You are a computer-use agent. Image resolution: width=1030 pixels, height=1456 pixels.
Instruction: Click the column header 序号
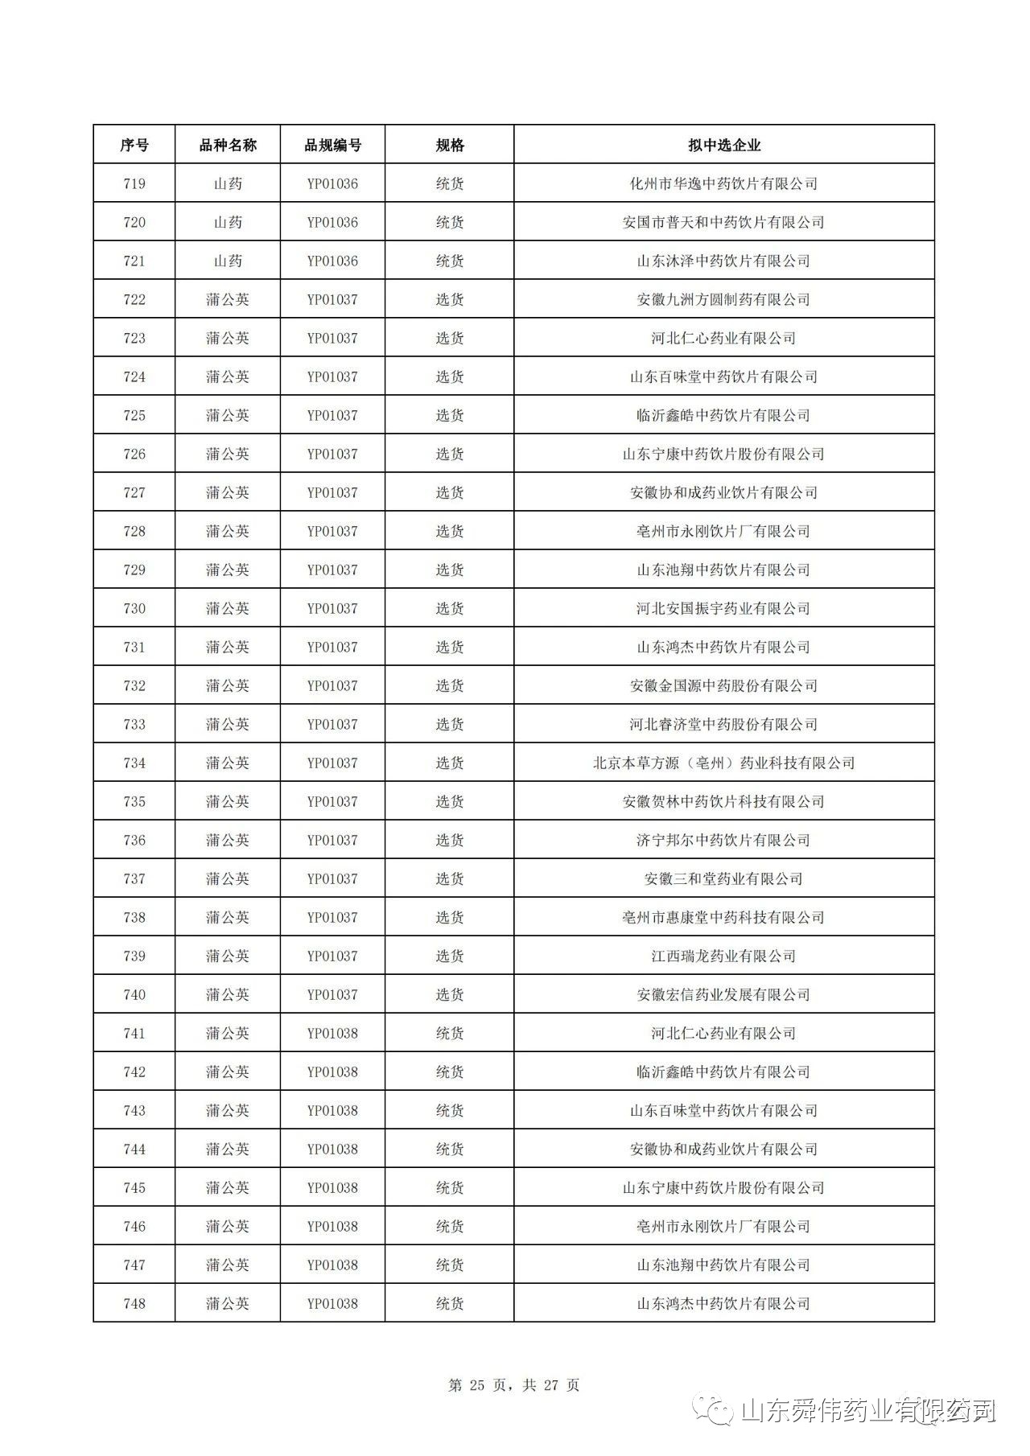click(x=134, y=146)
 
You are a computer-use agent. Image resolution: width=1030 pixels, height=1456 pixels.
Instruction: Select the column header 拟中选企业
click(x=723, y=146)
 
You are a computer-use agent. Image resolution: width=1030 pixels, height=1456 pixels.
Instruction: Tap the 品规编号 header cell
click(x=332, y=146)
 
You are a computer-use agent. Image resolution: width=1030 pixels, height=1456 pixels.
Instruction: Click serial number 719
click(x=134, y=184)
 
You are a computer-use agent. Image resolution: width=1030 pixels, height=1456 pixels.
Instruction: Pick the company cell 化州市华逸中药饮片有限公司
click(x=723, y=184)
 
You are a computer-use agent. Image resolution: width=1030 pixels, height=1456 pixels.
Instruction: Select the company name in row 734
click(x=723, y=763)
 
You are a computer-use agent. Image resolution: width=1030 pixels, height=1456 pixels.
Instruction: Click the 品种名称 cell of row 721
click(x=228, y=261)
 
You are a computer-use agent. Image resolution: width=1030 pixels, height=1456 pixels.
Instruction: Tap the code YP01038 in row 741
click(x=332, y=1034)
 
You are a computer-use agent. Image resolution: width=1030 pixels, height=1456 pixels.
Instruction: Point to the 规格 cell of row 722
click(x=450, y=300)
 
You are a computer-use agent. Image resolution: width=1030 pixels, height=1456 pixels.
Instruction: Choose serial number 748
click(x=134, y=1304)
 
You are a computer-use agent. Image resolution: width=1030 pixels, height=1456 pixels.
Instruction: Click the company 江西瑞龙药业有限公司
click(x=723, y=956)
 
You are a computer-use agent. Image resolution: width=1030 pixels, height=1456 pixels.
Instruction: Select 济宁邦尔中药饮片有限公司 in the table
click(x=723, y=841)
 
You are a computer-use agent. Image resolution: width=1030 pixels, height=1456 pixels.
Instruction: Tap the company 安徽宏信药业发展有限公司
click(x=723, y=995)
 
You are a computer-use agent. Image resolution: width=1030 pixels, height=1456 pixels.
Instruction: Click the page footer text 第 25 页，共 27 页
click(x=514, y=1385)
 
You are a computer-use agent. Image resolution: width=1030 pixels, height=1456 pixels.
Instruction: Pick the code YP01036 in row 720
click(x=332, y=223)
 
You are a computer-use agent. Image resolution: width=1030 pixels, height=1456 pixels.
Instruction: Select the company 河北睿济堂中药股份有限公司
click(x=723, y=725)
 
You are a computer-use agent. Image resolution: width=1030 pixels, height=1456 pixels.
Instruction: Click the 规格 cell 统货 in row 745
click(x=450, y=1188)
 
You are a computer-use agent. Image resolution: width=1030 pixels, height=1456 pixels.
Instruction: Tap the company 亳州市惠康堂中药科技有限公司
click(x=723, y=918)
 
